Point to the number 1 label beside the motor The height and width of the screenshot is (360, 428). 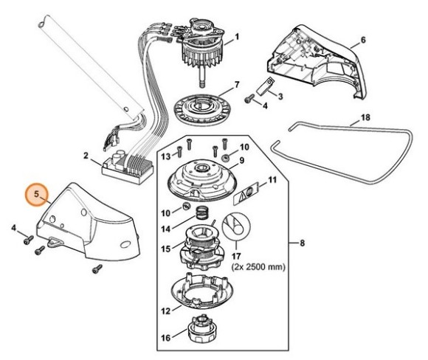(237, 37)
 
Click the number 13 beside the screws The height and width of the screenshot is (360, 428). (166, 155)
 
